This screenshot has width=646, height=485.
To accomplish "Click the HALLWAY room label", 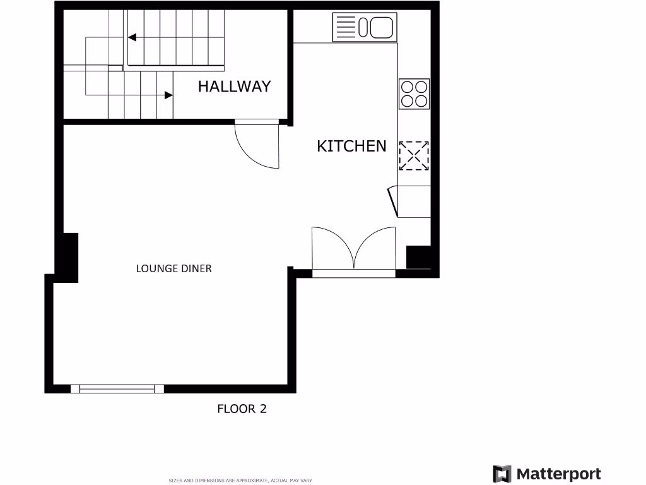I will [x=234, y=87].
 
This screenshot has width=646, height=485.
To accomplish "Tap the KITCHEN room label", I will [x=351, y=146].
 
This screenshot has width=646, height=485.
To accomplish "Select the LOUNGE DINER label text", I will [x=174, y=268].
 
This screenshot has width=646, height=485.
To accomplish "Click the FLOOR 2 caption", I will [x=242, y=409].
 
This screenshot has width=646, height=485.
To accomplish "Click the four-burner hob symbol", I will [x=414, y=93].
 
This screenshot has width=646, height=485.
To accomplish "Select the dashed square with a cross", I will [x=414, y=155].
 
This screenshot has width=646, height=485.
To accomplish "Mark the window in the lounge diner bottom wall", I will [x=117, y=388].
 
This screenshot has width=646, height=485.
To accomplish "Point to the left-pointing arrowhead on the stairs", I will [x=132, y=37].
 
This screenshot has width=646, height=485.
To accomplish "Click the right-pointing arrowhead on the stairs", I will [x=168, y=95].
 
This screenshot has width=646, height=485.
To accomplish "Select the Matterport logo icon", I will [x=502, y=474].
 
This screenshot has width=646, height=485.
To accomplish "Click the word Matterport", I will [x=559, y=474].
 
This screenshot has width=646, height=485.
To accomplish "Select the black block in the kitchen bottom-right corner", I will [x=418, y=258].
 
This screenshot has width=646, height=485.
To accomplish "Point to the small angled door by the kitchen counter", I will [x=393, y=200].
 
